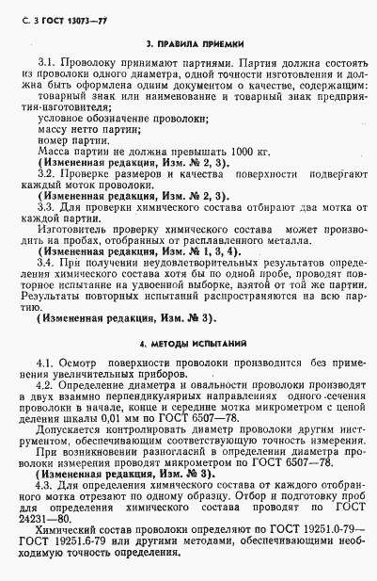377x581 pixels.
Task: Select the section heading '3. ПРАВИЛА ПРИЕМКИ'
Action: (189, 43)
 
